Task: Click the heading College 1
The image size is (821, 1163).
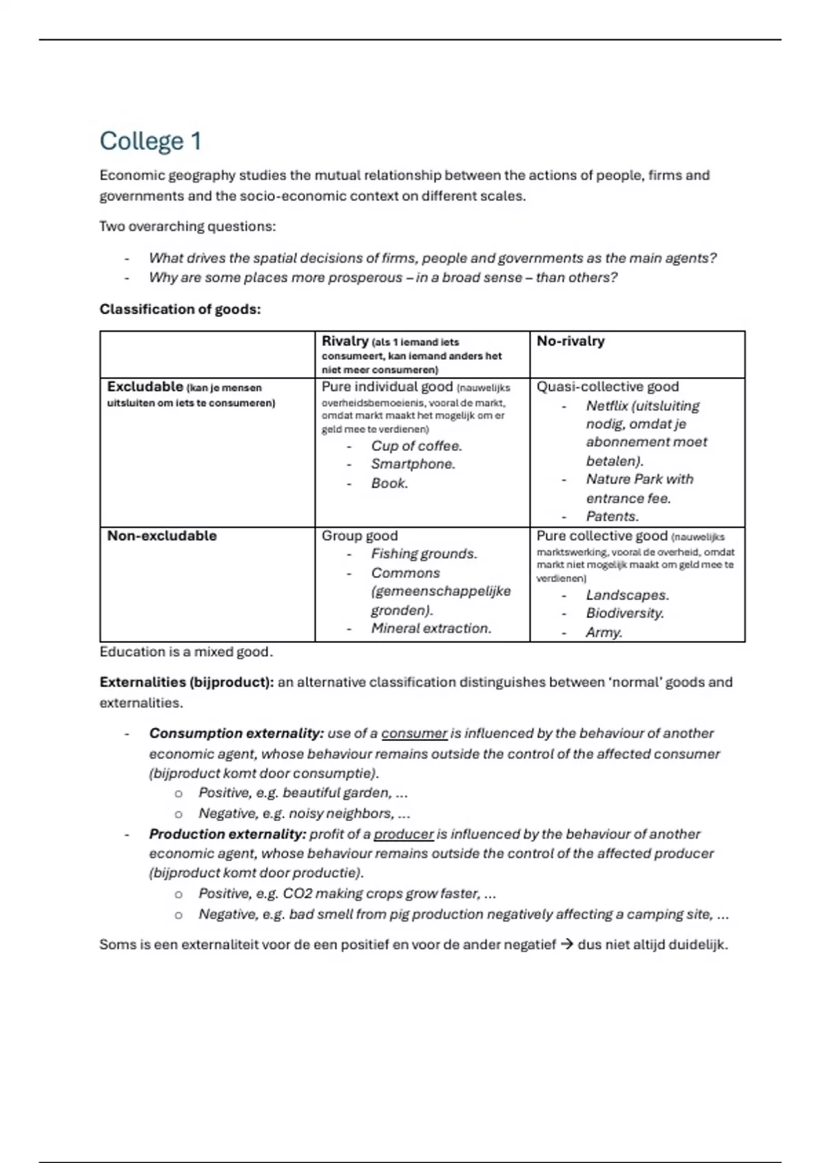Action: (151, 142)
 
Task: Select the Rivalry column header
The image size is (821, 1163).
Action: (346, 341)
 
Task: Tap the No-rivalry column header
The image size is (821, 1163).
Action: (571, 341)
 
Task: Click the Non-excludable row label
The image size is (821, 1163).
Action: (161, 536)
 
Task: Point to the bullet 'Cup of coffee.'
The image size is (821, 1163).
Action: (417, 446)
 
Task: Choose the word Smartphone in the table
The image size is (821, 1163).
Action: (412, 465)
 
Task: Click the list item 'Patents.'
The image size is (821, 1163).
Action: (612, 517)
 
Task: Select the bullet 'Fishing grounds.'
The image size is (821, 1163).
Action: (424, 554)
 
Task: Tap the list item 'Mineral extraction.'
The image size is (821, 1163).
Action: (431, 629)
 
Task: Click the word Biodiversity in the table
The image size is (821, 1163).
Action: (624, 614)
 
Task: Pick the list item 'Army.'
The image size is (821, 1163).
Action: (604, 633)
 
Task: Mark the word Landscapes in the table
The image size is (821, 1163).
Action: (627, 596)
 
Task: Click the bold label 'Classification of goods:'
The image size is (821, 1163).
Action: (180, 309)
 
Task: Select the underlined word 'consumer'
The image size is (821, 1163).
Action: (414, 733)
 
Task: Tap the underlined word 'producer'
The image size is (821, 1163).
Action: (404, 835)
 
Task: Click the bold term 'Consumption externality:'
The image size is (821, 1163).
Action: (236, 733)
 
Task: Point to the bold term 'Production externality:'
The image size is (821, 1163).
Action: (227, 835)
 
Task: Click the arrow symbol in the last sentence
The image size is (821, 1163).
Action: (566, 945)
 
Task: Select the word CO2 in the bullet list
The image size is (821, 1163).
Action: (298, 894)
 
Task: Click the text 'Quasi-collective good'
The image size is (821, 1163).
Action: (608, 387)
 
